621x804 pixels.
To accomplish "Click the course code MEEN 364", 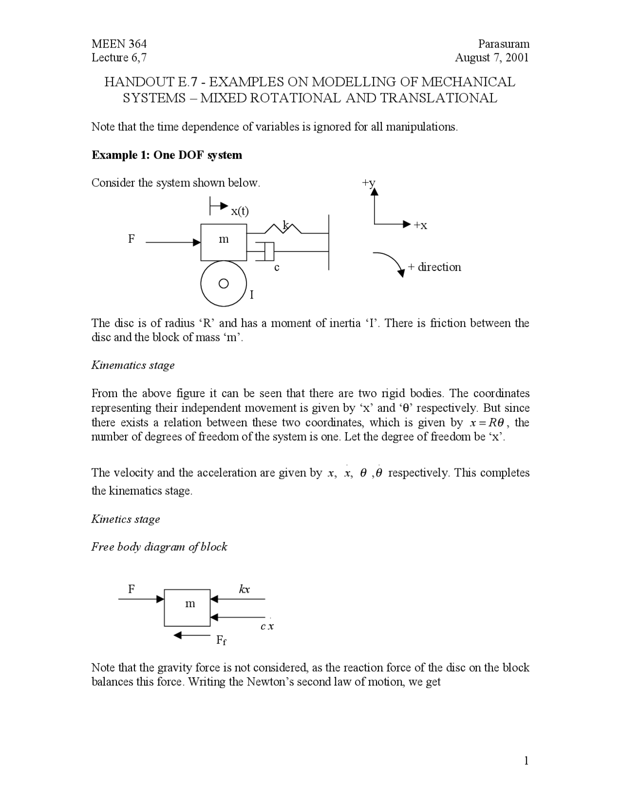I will click(x=119, y=44).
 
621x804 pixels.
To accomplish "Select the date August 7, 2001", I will click(x=491, y=58).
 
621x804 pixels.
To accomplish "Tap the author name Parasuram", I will click(x=503, y=44).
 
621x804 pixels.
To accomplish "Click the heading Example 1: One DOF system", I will click(x=166, y=155).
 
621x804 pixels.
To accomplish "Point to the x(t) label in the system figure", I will click(x=240, y=211).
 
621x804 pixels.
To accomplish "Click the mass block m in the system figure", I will click(x=224, y=241).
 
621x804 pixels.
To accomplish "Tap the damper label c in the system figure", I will click(x=277, y=267).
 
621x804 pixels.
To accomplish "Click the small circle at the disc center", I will click(x=223, y=284).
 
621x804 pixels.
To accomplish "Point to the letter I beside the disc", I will click(x=252, y=295).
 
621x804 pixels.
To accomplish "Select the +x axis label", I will click(x=420, y=225).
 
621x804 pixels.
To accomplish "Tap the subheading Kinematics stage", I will click(x=133, y=365).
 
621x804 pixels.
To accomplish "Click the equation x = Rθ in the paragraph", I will click(x=488, y=422).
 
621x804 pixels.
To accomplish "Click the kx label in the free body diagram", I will click(x=244, y=589).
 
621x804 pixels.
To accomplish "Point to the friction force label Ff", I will click(x=221, y=640).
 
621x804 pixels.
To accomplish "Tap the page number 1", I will click(x=526, y=760).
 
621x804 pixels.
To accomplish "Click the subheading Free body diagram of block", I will click(x=159, y=547).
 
